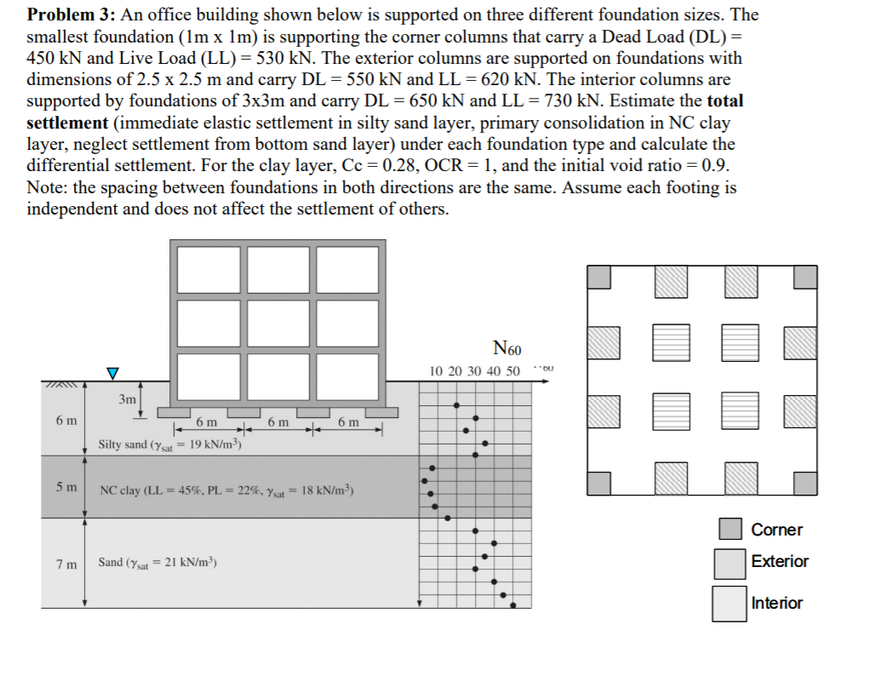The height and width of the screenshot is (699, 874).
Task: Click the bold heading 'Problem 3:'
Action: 68,15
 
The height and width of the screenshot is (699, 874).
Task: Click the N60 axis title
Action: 507,348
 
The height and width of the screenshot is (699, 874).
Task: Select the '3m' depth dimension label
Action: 128,399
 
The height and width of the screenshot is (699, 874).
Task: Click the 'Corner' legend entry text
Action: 776,530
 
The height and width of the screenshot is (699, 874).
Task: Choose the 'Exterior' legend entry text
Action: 780,561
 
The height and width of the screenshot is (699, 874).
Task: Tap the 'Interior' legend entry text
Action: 777,603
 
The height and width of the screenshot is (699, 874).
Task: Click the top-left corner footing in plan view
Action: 599,276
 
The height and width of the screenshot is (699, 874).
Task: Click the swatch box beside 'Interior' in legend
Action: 729,604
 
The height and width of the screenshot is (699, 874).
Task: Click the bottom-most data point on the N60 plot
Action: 511,606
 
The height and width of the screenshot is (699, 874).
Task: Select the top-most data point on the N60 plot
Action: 457,406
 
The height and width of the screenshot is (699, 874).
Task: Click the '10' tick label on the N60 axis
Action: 437,371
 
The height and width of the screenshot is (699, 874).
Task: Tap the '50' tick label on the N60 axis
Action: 512,371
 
